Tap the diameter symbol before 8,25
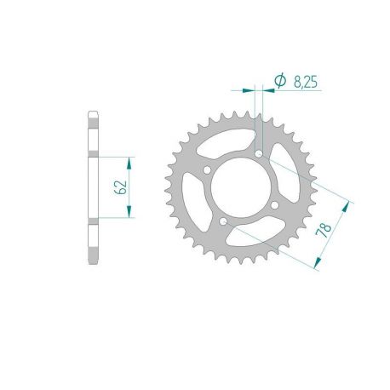click(279, 81)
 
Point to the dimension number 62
click(121, 187)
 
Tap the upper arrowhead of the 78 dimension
click(347, 204)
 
